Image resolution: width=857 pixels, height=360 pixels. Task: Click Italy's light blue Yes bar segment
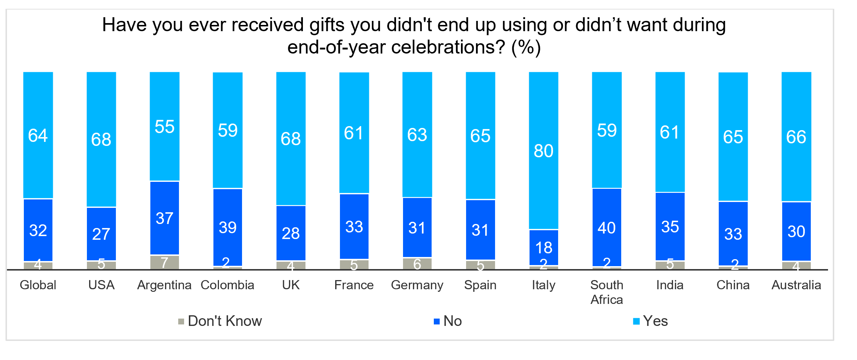(543, 110)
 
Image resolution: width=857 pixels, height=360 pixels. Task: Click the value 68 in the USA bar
(101, 140)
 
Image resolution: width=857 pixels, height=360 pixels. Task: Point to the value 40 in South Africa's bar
(607, 228)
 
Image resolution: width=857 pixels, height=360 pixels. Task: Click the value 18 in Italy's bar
(543, 248)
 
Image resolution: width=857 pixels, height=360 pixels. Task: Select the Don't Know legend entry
(220, 321)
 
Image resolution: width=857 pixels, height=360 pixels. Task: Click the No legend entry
(448, 321)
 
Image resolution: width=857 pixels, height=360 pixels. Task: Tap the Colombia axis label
(227, 285)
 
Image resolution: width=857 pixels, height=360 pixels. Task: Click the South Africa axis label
(607, 292)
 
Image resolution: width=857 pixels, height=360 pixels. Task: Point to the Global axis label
(38, 285)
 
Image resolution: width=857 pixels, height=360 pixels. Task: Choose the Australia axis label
(796, 285)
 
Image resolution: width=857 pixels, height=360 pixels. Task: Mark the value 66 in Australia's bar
(796, 137)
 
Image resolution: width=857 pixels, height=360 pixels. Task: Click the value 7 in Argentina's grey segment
(164, 262)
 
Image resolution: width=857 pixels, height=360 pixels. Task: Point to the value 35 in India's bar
(670, 227)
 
